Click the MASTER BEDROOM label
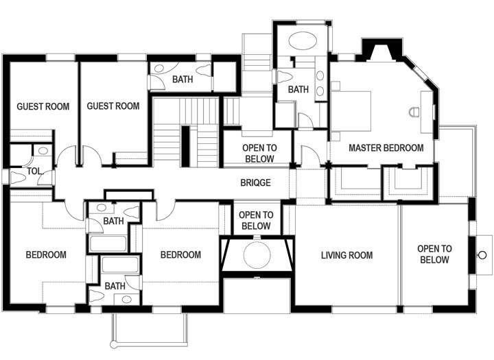(x=386, y=147)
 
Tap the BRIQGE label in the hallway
(x=255, y=182)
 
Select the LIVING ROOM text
(x=347, y=255)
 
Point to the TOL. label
(x=34, y=171)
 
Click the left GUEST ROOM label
(x=43, y=106)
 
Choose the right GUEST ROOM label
(x=113, y=106)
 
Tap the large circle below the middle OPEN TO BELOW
(x=257, y=256)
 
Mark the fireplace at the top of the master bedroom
(x=382, y=49)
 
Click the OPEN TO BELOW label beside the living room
(x=434, y=254)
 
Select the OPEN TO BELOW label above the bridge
(x=259, y=153)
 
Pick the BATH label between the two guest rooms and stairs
(x=183, y=80)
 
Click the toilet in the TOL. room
(x=18, y=178)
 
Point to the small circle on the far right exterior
(x=482, y=255)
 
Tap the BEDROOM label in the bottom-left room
(x=46, y=254)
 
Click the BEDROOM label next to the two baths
(x=180, y=254)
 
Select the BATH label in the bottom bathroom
(x=115, y=286)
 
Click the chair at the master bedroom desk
(x=414, y=112)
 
